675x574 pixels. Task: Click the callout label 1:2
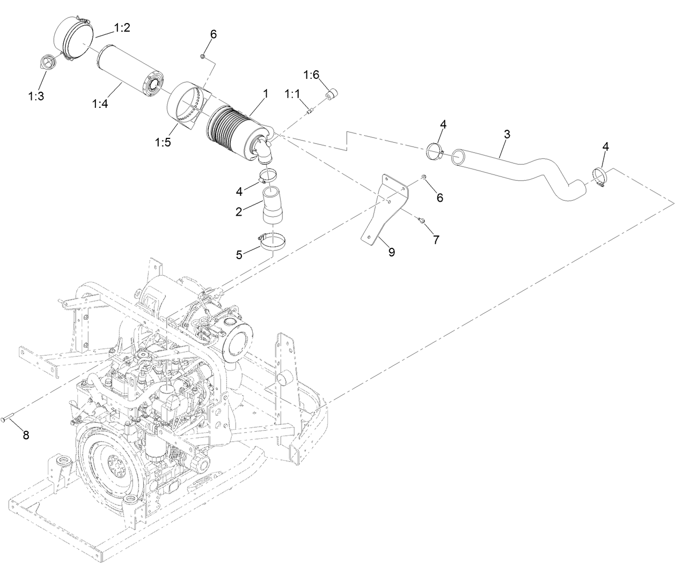pyautogui.click(x=122, y=28)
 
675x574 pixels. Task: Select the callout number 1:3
pyautogui.click(x=36, y=96)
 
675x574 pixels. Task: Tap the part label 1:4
pyautogui.click(x=100, y=104)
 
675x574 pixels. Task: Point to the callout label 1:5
pyautogui.click(x=163, y=143)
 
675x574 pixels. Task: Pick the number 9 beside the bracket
pyautogui.click(x=392, y=252)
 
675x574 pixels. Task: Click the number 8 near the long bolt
pyautogui.click(x=26, y=435)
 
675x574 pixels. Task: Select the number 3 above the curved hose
pyautogui.click(x=507, y=134)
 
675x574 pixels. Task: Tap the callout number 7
pyautogui.click(x=436, y=239)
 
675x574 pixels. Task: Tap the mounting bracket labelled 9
pyautogui.click(x=385, y=209)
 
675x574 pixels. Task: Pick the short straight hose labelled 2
pyautogui.click(x=273, y=205)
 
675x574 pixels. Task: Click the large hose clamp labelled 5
pyautogui.click(x=274, y=241)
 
